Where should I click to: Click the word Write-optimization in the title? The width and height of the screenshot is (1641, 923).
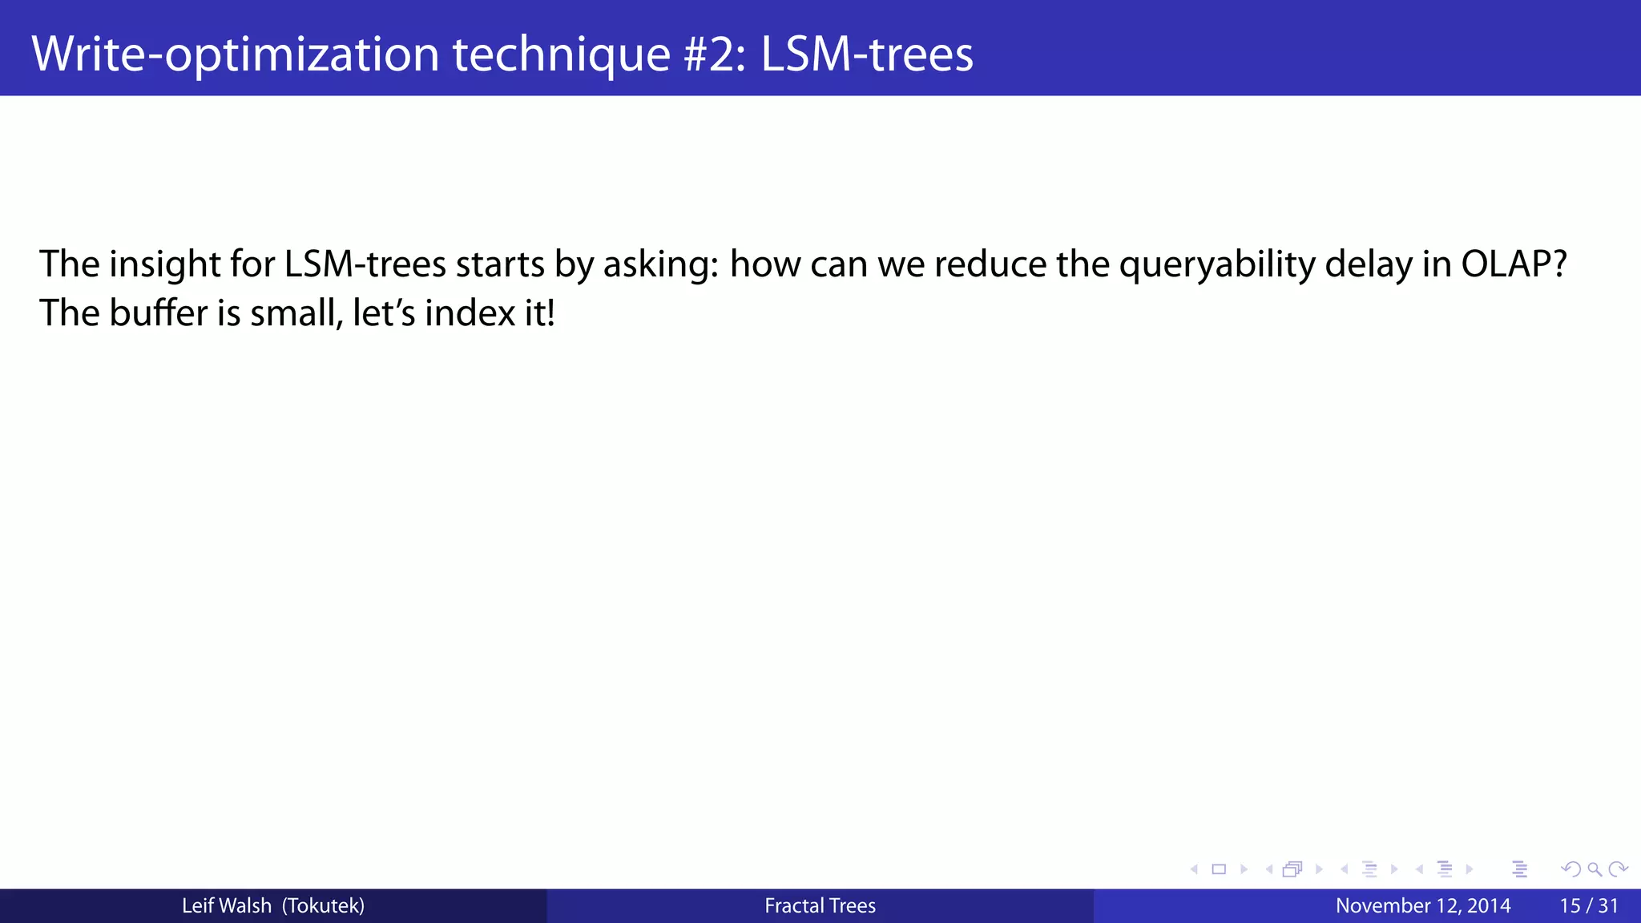point(235,54)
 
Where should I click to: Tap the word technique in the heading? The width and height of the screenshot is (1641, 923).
point(561,54)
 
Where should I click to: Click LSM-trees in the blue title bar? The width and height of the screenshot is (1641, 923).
point(867,54)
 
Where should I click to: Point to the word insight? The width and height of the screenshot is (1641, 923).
point(165,264)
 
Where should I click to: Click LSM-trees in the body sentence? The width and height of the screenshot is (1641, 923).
point(365,264)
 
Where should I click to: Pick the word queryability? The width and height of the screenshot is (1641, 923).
point(1217,264)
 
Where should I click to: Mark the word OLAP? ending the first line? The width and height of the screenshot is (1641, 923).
point(1514,264)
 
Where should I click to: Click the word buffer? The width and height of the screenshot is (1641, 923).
point(159,312)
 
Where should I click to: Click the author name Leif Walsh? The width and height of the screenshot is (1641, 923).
point(227,906)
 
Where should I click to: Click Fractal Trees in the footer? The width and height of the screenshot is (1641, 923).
point(820,906)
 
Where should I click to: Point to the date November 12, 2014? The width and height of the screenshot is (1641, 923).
point(1423,906)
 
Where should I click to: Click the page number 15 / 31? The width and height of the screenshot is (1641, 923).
point(1589,906)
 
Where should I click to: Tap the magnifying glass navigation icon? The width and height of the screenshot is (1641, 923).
point(1595,869)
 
